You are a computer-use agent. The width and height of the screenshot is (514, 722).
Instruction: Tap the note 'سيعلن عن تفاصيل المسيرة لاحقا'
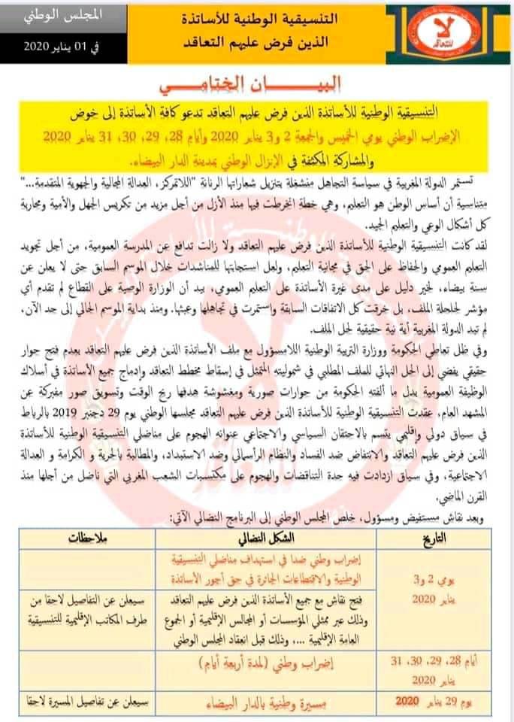coord(93,702)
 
